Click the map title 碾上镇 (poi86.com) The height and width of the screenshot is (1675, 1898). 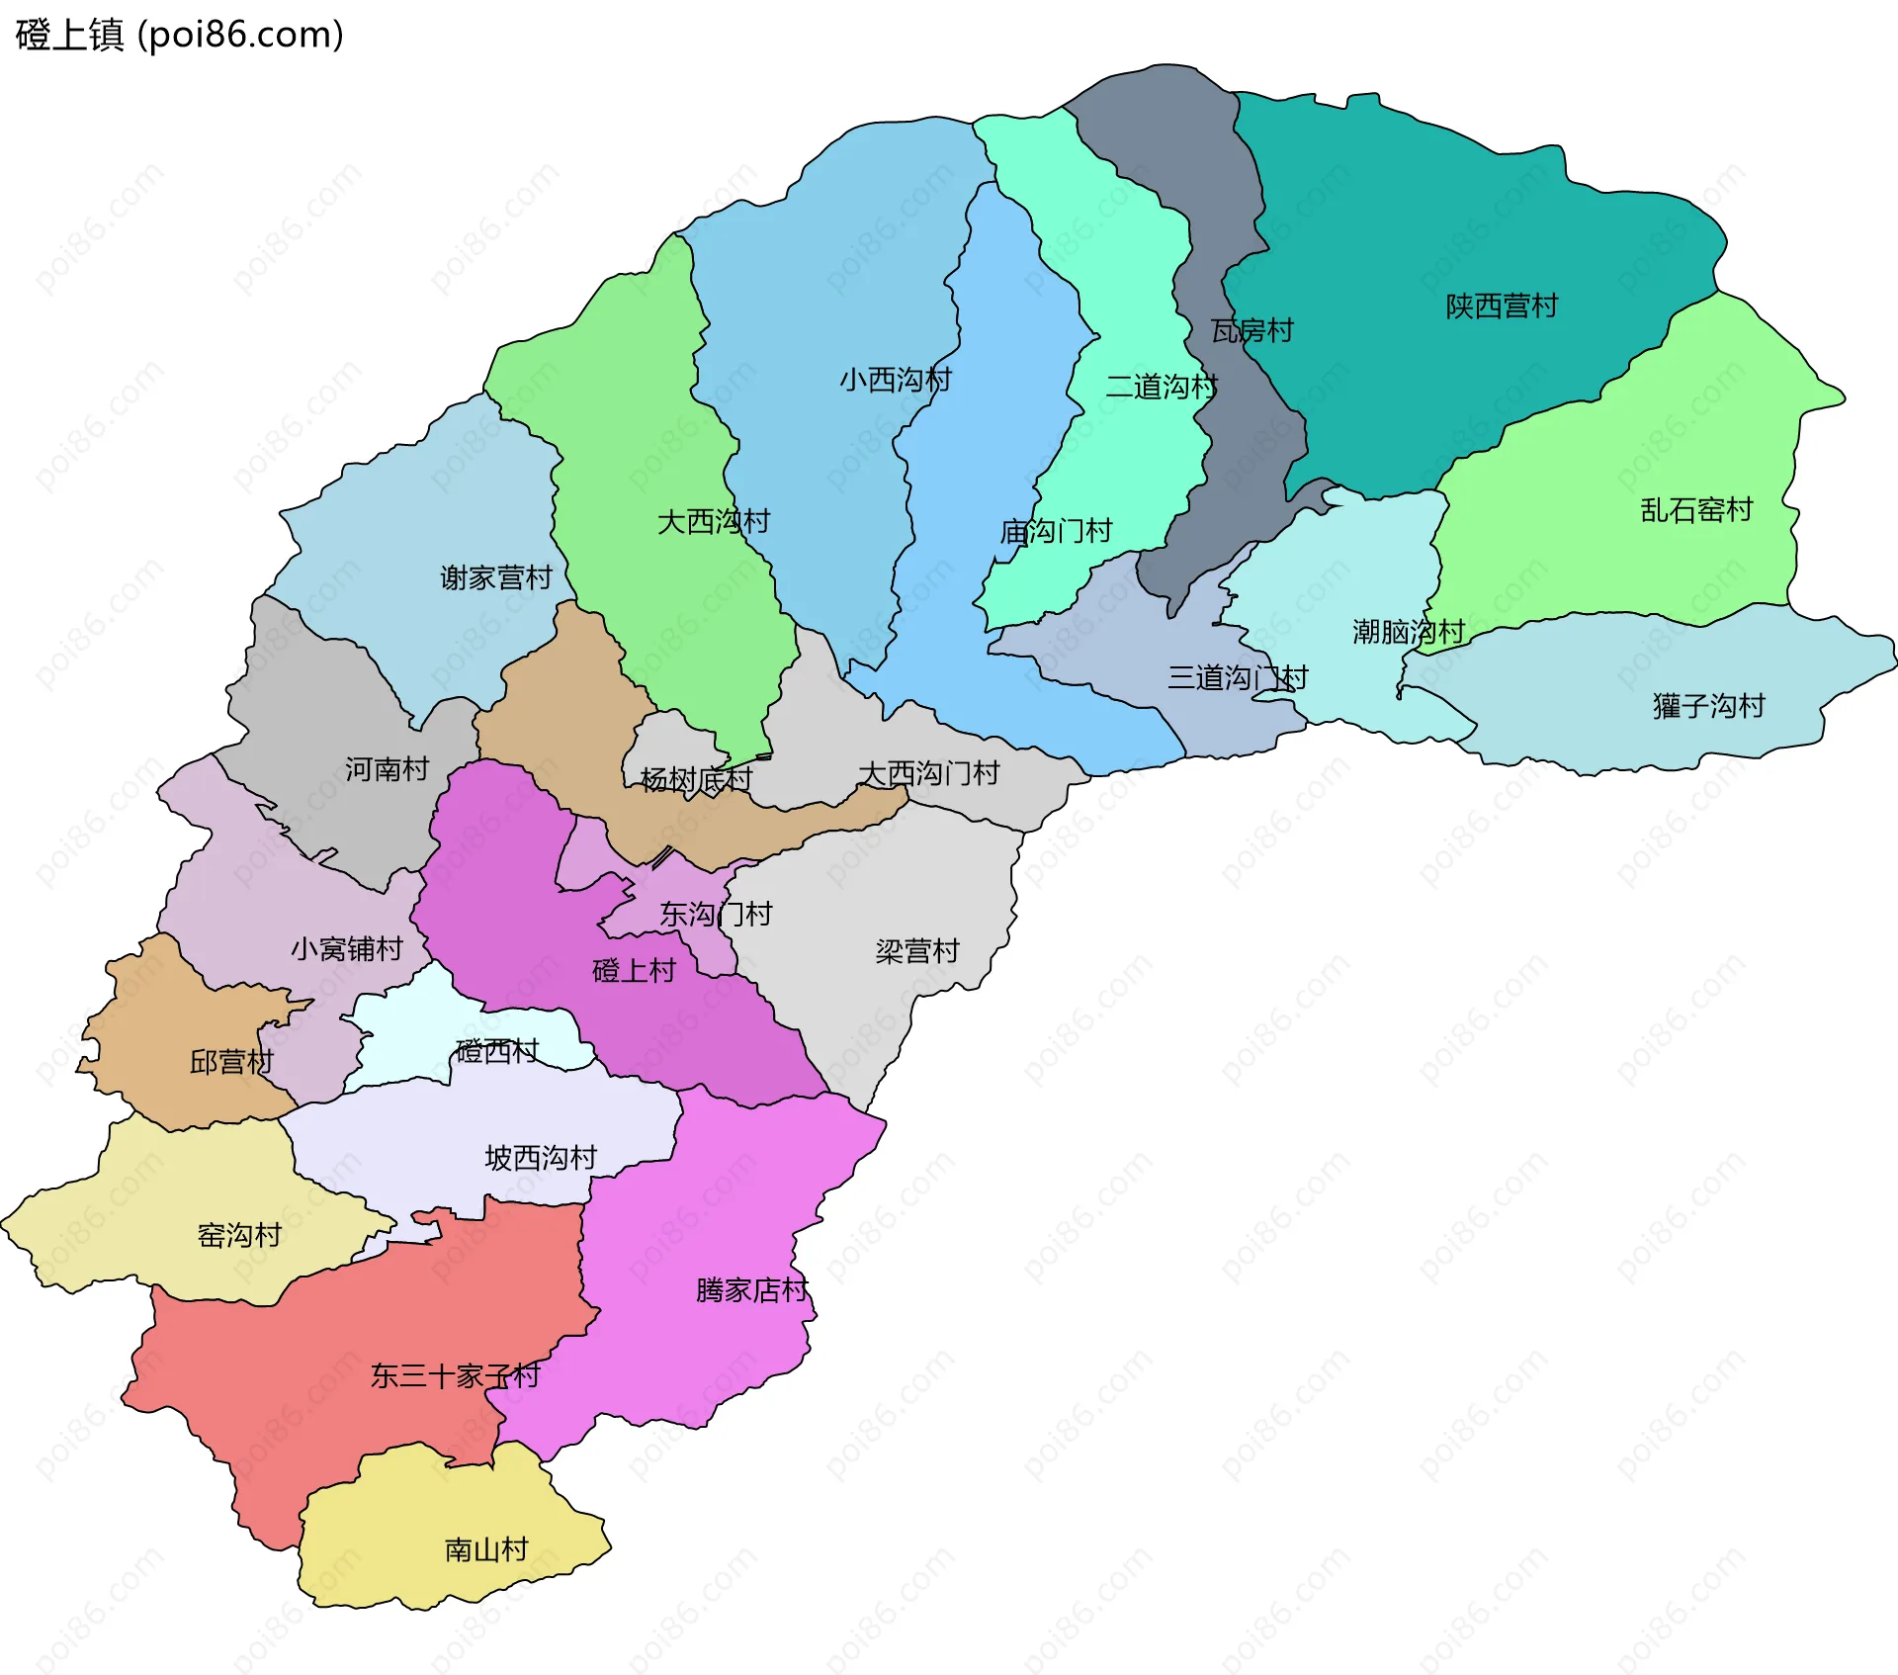(179, 35)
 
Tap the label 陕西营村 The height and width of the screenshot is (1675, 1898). (1501, 307)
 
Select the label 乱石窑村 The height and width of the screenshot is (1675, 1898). (1696, 510)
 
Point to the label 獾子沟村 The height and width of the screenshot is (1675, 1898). (1708, 706)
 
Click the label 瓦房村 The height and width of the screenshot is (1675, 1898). (1252, 330)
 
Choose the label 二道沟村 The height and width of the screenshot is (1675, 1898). (1161, 387)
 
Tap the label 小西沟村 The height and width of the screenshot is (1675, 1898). (895, 380)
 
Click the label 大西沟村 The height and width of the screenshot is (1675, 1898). (713, 522)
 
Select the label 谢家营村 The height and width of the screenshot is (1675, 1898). (495, 577)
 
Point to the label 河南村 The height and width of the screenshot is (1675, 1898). (387, 769)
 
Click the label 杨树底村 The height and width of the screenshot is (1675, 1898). (696, 780)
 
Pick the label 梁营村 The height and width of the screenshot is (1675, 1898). (916, 951)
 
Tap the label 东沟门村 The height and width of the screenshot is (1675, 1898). (716, 914)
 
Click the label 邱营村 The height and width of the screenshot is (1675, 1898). (231, 1062)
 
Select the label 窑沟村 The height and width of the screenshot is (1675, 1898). (239, 1235)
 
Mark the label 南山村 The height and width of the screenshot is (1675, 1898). (486, 1549)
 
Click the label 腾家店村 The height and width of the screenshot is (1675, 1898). (751, 1290)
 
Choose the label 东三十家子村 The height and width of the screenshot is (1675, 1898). (455, 1375)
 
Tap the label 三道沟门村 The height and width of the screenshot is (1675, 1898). (1237, 678)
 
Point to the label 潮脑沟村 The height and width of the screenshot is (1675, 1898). (1408, 632)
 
